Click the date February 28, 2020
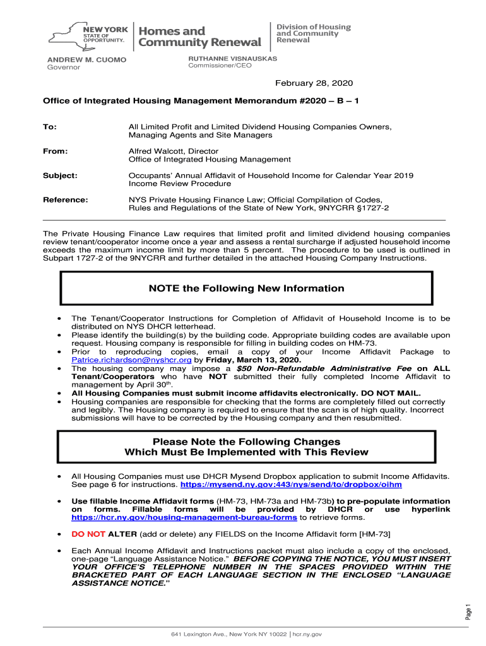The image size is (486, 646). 313,83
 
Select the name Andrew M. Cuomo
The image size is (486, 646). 87,59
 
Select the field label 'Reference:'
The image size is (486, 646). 65,199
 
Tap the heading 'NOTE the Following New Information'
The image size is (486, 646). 246,288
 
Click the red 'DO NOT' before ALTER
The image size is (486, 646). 88,534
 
